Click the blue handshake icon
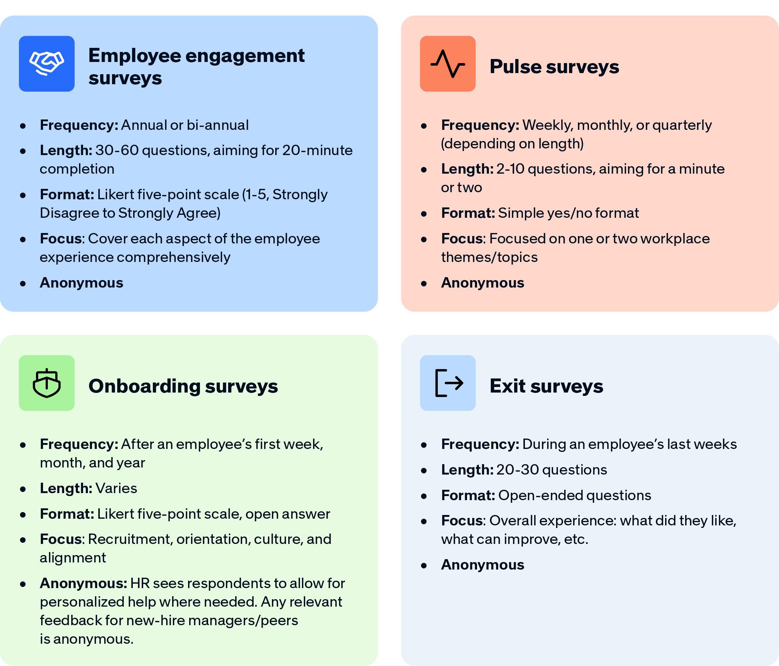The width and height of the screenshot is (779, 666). pos(47,63)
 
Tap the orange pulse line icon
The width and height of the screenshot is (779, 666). pos(447,63)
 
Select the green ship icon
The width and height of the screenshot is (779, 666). pos(47,383)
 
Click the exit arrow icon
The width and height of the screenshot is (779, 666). pos(447,383)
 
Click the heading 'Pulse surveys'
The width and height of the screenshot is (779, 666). pos(554,67)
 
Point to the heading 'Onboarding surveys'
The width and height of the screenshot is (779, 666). pos(183,386)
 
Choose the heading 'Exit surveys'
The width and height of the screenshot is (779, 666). pos(546,386)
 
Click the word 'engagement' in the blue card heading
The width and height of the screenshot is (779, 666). pos(245,56)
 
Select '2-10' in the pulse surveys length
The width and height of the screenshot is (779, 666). pos(510,169)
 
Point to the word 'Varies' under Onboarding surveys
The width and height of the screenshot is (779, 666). pos(116,488)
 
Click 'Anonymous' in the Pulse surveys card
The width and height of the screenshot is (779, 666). pos(482,283)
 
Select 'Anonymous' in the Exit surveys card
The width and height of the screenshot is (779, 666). pos(482,565)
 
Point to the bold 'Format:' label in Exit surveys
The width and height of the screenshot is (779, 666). pos(468,495)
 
